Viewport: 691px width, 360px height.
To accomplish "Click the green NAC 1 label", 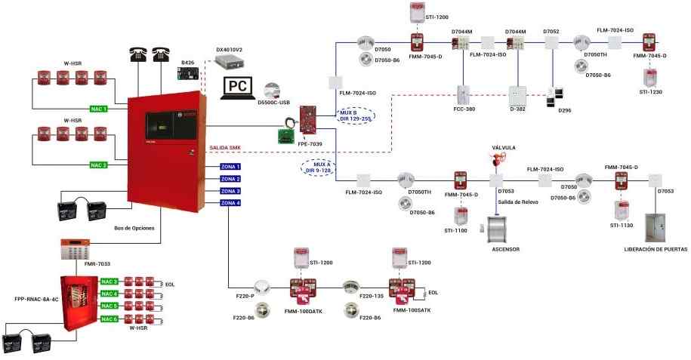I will point(99,109).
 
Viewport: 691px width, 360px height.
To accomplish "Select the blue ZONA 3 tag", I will point(230,191).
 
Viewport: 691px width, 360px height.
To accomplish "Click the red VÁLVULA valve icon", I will point(498,161).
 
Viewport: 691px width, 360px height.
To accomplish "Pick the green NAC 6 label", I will point(109,318).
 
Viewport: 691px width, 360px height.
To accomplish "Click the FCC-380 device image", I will point(464,94).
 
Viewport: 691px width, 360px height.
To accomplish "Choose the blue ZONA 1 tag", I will point(230,166).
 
